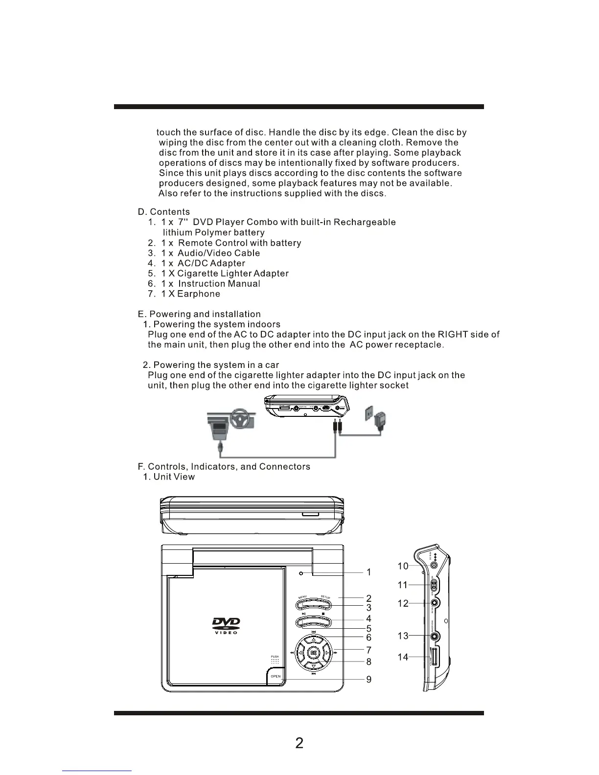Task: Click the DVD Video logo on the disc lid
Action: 226,625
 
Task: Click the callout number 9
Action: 369,680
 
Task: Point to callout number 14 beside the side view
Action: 403,657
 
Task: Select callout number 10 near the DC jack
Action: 403,566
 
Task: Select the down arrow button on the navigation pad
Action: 313,666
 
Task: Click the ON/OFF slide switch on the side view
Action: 434,585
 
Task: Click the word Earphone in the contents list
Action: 199,294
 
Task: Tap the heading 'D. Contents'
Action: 164,212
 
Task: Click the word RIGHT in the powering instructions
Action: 453,335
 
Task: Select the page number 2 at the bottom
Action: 299,743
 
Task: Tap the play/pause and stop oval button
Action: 314,622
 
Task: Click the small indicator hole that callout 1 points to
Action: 301,573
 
